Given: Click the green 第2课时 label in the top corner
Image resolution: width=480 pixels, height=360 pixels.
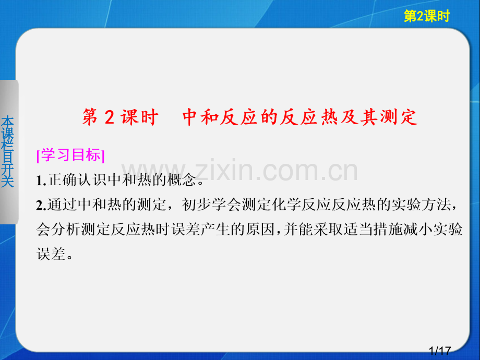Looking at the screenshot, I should click(x=426, y=17).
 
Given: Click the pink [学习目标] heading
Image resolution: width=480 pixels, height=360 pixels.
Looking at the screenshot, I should click(x=71, y=156).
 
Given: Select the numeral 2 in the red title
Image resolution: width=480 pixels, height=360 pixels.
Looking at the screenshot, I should click(x=109, y=118).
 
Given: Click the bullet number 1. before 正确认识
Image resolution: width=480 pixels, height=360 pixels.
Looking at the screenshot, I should click(x=42, y=181).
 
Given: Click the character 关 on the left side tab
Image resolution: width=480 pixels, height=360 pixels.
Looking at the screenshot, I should click(x=8, y=181).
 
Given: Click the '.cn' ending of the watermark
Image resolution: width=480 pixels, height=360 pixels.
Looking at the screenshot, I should click(x=339, y=171).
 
